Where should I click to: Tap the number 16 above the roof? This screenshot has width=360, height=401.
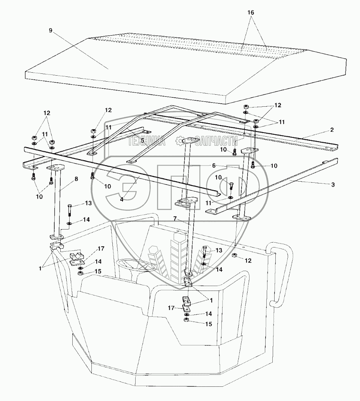point(251,12)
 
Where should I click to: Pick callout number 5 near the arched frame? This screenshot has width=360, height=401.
point(214,165)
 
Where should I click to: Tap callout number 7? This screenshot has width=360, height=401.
point(76,179)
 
